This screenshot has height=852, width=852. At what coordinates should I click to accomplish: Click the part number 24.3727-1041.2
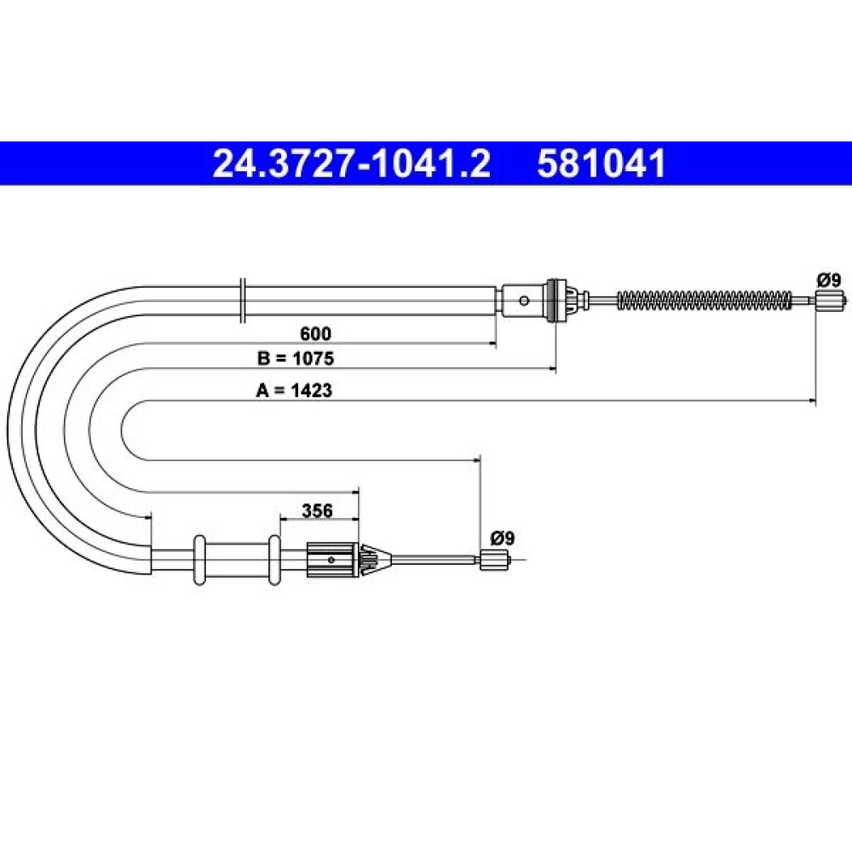352,164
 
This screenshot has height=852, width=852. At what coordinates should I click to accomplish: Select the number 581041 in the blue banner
602,164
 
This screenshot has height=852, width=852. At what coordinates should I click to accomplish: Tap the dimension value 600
315,333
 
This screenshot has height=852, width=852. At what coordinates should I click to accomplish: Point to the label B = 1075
296,359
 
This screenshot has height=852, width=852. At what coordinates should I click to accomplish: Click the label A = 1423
294,390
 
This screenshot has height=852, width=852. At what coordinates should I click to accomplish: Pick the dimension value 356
317,510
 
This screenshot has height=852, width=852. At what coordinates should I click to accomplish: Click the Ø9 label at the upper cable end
828,280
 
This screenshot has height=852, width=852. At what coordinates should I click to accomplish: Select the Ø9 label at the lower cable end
502,538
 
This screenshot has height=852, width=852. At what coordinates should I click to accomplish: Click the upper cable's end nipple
830,300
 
